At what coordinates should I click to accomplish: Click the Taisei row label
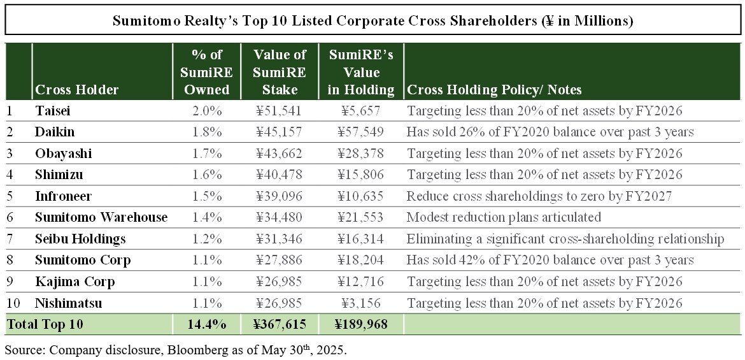click(53, 111)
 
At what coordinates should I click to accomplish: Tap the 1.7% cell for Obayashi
click(207, 154)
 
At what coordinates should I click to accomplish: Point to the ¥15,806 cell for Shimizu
click(360, 175)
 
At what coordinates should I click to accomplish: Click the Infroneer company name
click(62, 196)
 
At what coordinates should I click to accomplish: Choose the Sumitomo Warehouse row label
click(101, 217)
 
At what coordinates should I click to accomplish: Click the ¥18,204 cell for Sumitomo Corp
click(360, 260)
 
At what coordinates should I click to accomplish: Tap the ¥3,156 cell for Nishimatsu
click(360, 303)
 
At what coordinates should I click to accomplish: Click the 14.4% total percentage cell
click(207, 324)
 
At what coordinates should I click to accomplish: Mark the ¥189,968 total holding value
click(360, 324)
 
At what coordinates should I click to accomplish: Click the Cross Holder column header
click(77, 90)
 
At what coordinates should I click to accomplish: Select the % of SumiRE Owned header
click(207, 72)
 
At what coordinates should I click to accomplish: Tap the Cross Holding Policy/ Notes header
click(494, 90)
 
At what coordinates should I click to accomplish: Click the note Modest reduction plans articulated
click(504, 217)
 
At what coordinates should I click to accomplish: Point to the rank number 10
click(13, 303)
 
